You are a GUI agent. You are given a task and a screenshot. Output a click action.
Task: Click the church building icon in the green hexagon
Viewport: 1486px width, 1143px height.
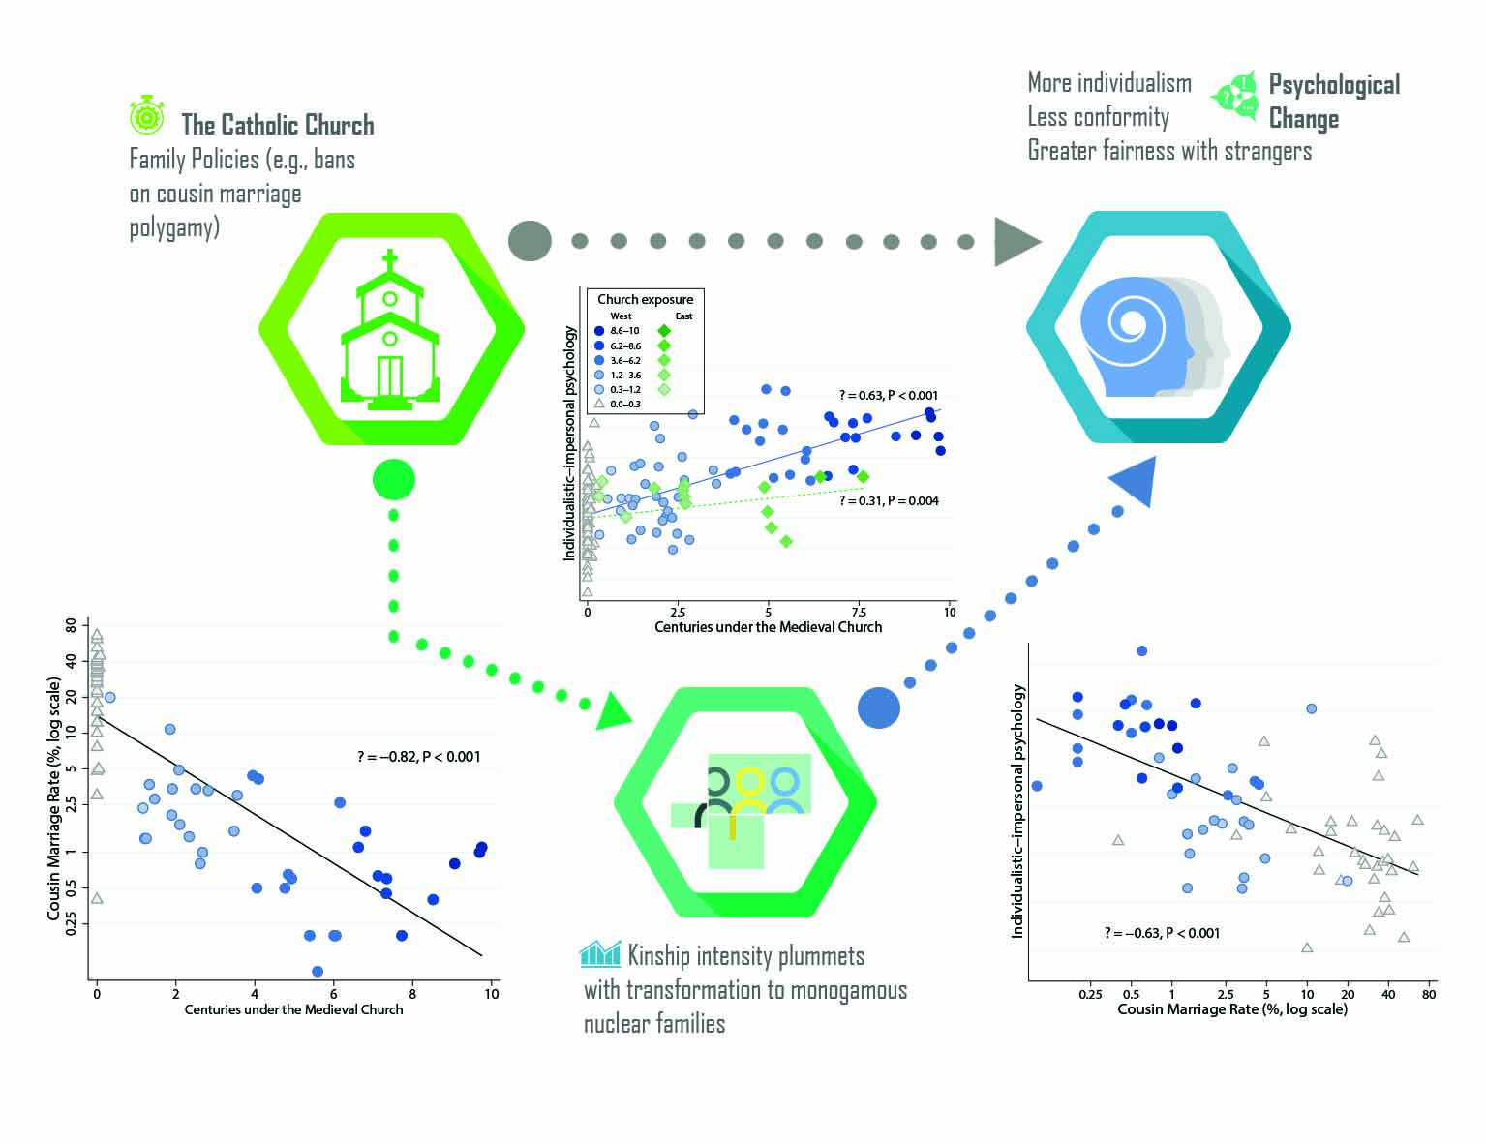tap(390, 332)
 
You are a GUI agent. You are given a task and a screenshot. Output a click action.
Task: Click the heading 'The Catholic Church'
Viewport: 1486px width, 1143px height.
tap(277, 125)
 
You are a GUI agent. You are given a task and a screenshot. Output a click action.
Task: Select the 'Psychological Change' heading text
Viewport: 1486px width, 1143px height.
tap(1333, 102)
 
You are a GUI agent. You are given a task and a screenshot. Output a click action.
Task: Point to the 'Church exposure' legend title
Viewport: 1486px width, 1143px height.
tap(645, 299)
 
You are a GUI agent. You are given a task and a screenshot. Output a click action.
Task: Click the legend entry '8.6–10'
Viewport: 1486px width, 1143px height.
tap(623, 331)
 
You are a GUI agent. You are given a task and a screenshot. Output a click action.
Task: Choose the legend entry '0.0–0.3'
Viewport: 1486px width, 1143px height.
tap(623, 404)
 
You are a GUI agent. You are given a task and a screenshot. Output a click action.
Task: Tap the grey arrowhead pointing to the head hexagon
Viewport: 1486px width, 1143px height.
tap(1016, 241)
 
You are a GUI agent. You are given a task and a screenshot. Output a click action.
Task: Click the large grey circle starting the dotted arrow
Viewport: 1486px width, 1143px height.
tap(530, 241)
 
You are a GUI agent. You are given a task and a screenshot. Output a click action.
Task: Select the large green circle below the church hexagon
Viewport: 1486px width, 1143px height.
tap(393, 479)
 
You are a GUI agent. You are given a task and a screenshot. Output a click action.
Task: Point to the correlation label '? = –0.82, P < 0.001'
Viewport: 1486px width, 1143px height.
tap(418, 757)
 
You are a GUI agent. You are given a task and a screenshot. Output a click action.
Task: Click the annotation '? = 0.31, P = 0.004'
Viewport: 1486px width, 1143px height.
tap(889, 500)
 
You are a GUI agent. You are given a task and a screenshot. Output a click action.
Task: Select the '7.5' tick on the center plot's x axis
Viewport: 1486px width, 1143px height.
tap(859, 612)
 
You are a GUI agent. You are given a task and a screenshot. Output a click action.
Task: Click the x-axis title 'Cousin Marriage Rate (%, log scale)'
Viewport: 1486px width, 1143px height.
tap(1231, 1008)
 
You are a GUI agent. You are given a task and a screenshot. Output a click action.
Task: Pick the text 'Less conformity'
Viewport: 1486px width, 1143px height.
tap(1098, 117)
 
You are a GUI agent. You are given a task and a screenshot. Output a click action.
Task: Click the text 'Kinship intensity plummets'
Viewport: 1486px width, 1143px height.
tap(745, 956)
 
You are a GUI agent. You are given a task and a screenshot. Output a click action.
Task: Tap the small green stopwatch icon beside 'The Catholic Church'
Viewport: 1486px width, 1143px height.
tap(147, 113)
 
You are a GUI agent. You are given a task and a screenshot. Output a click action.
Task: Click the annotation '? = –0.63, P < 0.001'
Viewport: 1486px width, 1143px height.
tap(1162, 933)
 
